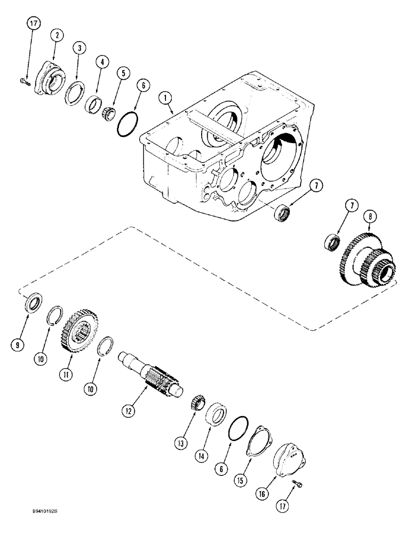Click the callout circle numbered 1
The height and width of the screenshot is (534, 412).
(x=166, y=98)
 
